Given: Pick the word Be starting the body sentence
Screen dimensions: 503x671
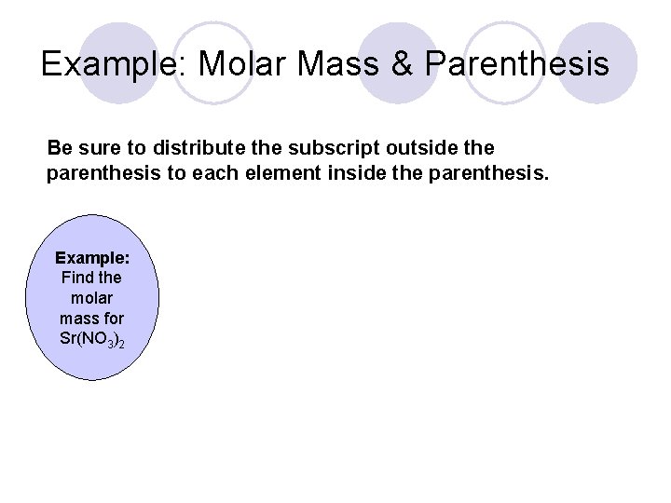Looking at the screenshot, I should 59,148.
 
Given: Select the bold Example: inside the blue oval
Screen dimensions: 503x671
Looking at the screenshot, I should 91,257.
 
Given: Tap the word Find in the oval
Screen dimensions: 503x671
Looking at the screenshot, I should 76,278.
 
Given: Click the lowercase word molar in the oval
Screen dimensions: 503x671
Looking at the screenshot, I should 91,298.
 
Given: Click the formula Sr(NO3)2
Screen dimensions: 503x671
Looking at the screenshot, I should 91,339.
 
